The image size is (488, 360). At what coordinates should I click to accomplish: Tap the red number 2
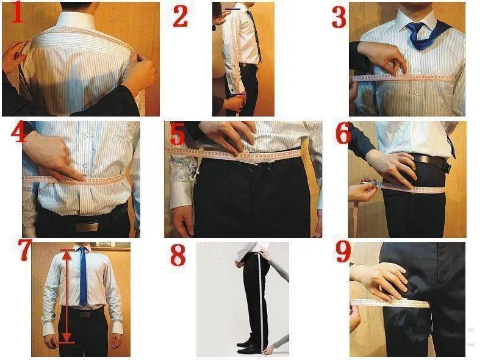pos(180,16)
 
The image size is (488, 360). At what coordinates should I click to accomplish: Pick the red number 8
pos(178,255)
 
